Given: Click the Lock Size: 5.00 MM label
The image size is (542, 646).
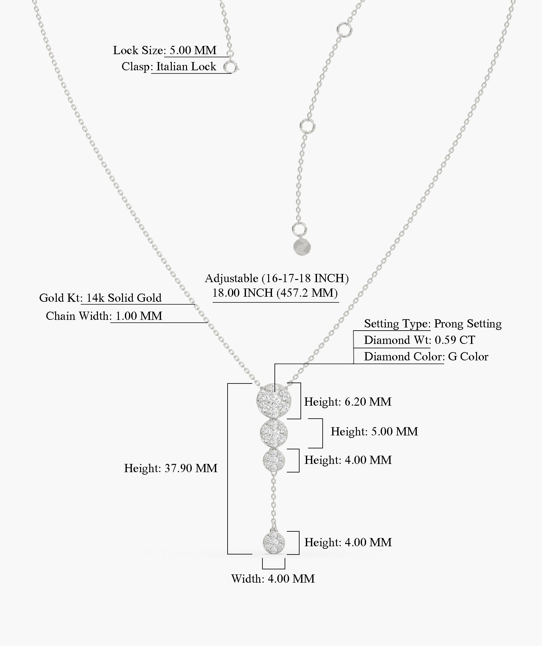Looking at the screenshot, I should coord(165,50).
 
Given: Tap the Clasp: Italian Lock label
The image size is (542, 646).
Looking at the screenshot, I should coord(169,67).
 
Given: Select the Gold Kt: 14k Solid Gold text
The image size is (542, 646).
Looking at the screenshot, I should coord(100,298).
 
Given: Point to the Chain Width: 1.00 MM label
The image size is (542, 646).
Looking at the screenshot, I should coord(104,316).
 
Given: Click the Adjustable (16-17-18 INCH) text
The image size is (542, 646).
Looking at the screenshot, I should coord(277,278).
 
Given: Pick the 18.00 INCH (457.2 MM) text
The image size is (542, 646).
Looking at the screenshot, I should coord(275,293).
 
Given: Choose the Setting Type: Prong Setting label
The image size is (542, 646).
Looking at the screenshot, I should coord(433,324).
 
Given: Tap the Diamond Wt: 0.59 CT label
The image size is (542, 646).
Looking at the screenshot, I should coord(419,340).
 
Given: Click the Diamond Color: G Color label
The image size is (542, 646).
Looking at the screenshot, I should coord(426,357).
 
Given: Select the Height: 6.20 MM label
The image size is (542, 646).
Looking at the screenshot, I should coord(348,402).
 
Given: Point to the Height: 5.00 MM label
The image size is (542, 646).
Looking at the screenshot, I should coord(374,432).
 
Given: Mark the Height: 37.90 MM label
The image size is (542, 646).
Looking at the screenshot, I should coord(171,468).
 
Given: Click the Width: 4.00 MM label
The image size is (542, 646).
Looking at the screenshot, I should coord(273,579).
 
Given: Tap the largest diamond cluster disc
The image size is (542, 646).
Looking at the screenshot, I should coord(274,401).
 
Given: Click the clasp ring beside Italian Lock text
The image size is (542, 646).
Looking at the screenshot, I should coord(231,67).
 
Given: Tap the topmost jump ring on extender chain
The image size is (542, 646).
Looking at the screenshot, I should coord(344,29).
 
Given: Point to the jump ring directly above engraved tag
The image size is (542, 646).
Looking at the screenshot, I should coord(299,228).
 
